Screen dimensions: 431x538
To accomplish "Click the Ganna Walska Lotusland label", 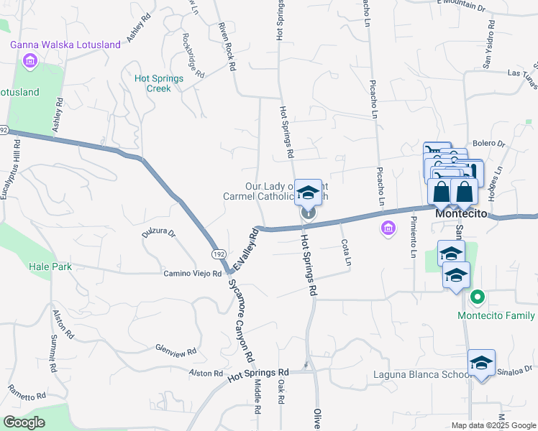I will coord(65,45).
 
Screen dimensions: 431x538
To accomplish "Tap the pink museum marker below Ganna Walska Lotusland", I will coord(30,61).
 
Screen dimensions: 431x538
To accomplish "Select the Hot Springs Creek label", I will coord(153,83).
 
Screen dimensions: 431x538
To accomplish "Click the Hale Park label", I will coord(51,266).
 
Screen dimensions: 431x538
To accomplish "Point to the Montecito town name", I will coord(462,215).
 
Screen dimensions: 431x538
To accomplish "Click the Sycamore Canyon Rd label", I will coord(240,320).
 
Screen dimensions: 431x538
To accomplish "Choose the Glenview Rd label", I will coord(176,349).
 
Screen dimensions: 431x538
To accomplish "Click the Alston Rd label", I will coord(206,374).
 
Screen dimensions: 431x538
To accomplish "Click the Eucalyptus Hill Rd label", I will coord(16,170).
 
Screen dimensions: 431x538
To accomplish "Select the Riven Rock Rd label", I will coord(227,45).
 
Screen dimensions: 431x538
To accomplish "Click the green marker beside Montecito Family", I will coord(475,297).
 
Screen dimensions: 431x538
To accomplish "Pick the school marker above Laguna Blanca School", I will coord(481,362).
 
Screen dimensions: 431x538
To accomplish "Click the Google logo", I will coord(24,422).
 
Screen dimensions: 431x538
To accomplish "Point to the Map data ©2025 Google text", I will coord(493,425).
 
